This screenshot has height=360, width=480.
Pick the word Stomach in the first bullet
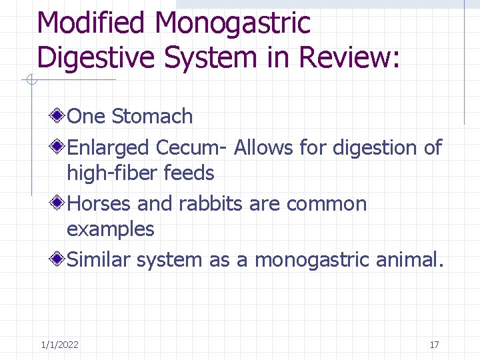point(152,117)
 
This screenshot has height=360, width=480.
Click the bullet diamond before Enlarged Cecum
point(59,147)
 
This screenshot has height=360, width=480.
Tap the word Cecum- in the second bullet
point(192,147)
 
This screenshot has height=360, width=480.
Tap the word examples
point(110,230)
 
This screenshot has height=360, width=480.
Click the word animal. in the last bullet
point(409,259)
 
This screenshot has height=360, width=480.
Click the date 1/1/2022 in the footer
point(59,345)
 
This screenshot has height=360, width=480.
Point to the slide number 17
point(434,345)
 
